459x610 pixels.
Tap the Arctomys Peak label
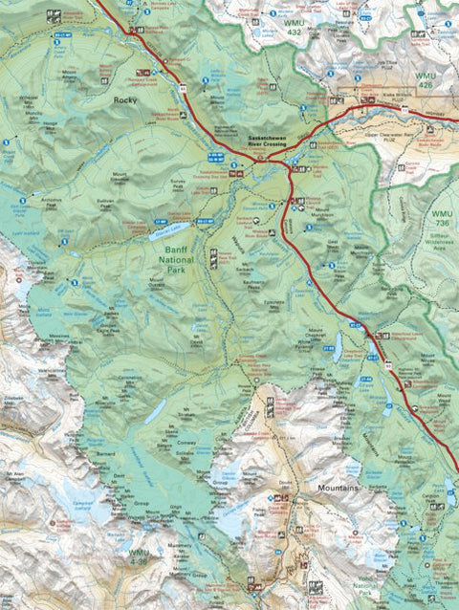(56, 202)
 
